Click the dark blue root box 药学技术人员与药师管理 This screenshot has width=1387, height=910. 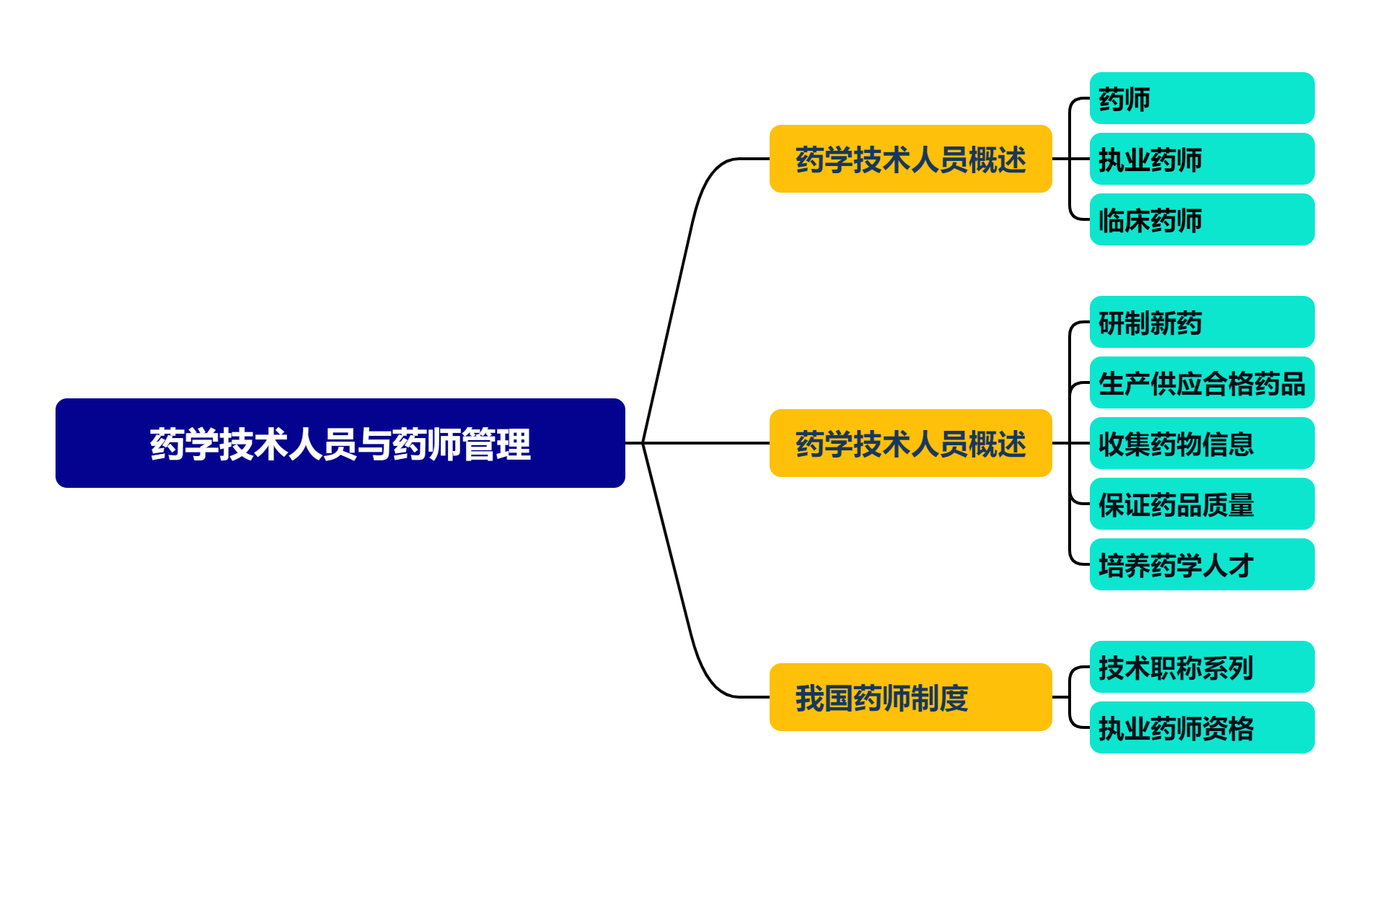pyautogui.click(x=340, y=443)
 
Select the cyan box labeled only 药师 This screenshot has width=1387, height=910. pyautogui.click(x=1201, y=98)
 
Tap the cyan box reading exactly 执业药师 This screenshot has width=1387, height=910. pyautogui.click(x=1201, y=159)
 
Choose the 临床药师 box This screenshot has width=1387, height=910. pyautogui.click(x=1201, y=219)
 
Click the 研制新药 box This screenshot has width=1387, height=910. pyautogui.click(x=1201, y=322)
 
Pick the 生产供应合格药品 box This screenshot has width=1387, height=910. pyautogui.click(x=1201, y=382)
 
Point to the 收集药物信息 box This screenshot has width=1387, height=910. pyautogui.click(x=1201, y=443)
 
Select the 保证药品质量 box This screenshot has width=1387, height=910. pyautogui.click(x=1201, y=504)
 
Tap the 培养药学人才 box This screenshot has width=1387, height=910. pyautogui.click(x=1201, y=564)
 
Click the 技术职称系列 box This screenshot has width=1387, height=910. pyautogui.click(x=1201, y=667)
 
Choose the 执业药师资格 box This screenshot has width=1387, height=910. pyautogui.click(x=1201, y=727)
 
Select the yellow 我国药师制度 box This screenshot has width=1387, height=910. pyautogui.click(x=910, y=697)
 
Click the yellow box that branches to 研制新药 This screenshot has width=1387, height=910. pyautogui.click(x=910, y=443)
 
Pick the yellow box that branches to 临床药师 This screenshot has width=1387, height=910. pyautogui.click(x=910, y=159)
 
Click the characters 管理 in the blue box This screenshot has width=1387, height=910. pyautogui.click(x=496, y=445)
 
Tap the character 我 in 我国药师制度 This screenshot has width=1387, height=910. pyautogui.click(x=810, y=699)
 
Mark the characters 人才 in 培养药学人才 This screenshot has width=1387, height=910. pyautogui.click(x=1228, y=566)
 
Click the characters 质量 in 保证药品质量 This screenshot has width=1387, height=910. pyautogui.click(x=1228, y=505)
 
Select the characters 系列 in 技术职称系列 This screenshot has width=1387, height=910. pyautogui.click(x=1228, y=668)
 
